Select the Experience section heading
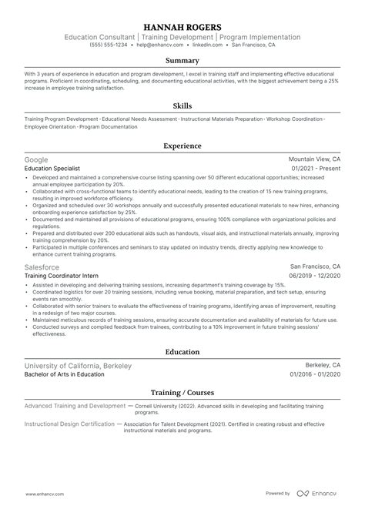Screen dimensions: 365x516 pyautogui.click(x=182, y=145)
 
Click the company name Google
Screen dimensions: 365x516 pyautogui.click(x=36, y=159)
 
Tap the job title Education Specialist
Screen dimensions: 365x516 pyautogui.click(x=52, y=167)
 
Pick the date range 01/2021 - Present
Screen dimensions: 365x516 pyautogui.click(x=316, y=167)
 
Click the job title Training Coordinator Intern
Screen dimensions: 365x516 pyautogui.click(x=61, y=274)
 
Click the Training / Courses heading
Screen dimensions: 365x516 pyautogui.click(x=182, y=392)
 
